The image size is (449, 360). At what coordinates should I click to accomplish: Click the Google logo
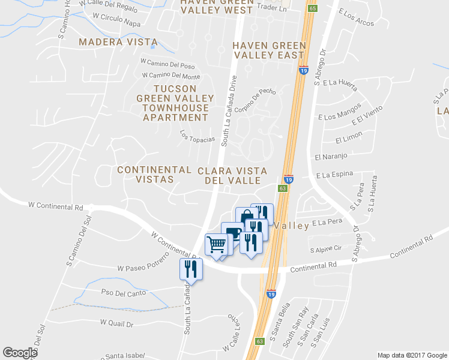20,353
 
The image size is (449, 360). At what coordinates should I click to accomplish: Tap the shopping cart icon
216,244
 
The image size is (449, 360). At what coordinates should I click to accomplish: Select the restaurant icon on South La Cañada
191,268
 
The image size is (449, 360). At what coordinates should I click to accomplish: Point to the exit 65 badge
313,8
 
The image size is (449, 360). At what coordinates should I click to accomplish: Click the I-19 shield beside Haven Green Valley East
304,70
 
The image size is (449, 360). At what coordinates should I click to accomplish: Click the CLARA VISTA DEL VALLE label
232,175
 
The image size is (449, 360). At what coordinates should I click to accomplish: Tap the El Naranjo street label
331,157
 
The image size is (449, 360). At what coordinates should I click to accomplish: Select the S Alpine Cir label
325,248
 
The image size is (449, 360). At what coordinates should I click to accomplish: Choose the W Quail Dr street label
116,323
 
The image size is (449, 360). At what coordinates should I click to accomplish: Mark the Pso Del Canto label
124,293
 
